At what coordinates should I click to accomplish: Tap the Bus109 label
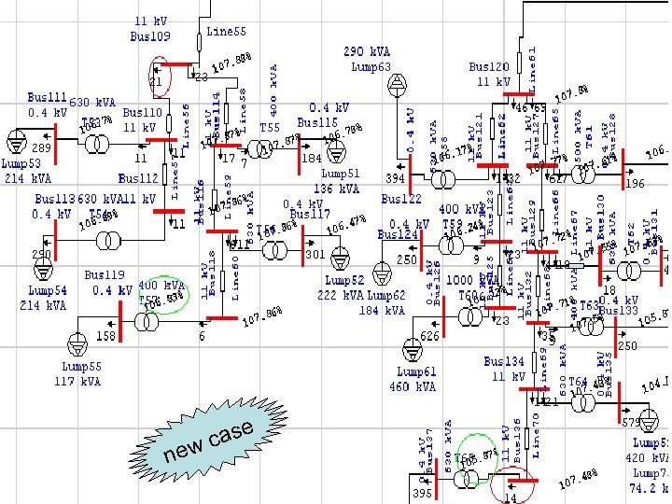coord(150,36)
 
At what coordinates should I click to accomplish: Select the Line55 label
coord(226,32)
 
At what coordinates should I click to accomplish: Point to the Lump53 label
coord(22,164)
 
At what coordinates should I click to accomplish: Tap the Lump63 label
coord(371,66)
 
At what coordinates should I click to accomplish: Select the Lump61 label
coord(415,372)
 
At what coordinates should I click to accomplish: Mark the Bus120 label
coord(489,67)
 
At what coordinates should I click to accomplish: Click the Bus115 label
coord(317,123)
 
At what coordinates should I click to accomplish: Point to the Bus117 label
coord(310,215)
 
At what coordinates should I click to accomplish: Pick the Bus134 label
coord(504,362)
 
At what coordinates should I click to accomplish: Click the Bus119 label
coord(105,275)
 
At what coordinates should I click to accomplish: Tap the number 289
coord(41,148)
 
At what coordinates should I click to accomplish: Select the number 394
coord(396,178)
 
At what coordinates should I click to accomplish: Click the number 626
coord(429,336)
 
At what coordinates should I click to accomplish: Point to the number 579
coord(632,423)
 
